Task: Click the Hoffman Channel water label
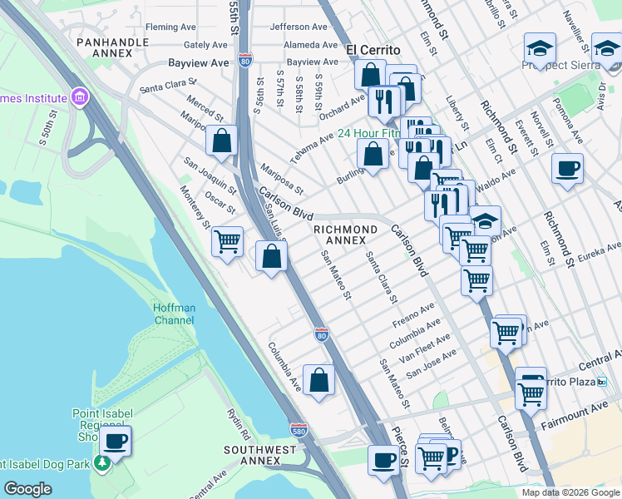tap(175, 314)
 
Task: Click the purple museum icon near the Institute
tap(81, 97)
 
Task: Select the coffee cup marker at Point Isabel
tap(116, 440)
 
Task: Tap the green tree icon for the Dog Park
tap(102, 462)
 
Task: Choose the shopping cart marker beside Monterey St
tap(227, 241)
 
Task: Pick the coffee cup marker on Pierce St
tap(384, 459)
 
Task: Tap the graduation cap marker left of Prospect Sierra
tap(540, 47)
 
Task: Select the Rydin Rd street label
tap(239, 423)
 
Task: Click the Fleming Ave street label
tap(170, 27)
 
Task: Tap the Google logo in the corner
tap(27, 488)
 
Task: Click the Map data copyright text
tap(570, 492)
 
